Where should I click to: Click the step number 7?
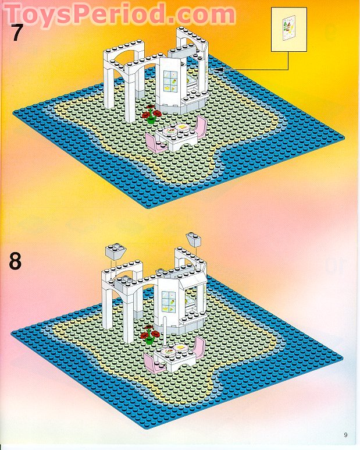click(x=17, y=32)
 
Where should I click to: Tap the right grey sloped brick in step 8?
click(x=194, y=238)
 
